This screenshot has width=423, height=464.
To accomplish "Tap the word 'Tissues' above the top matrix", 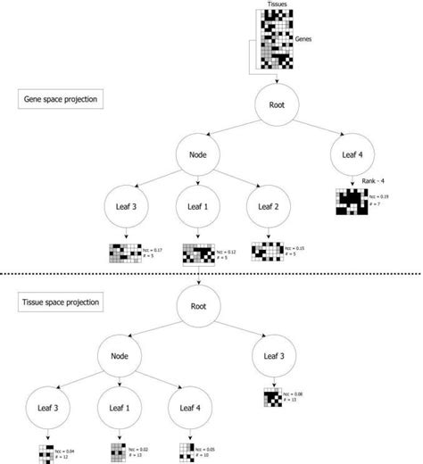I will tap(278, 4).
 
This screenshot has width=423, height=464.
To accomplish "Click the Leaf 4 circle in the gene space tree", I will tap(354, 153).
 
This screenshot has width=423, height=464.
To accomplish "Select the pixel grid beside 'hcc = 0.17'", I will tap(125, 253).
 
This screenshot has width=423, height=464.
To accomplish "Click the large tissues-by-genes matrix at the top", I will tap(278, 38).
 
